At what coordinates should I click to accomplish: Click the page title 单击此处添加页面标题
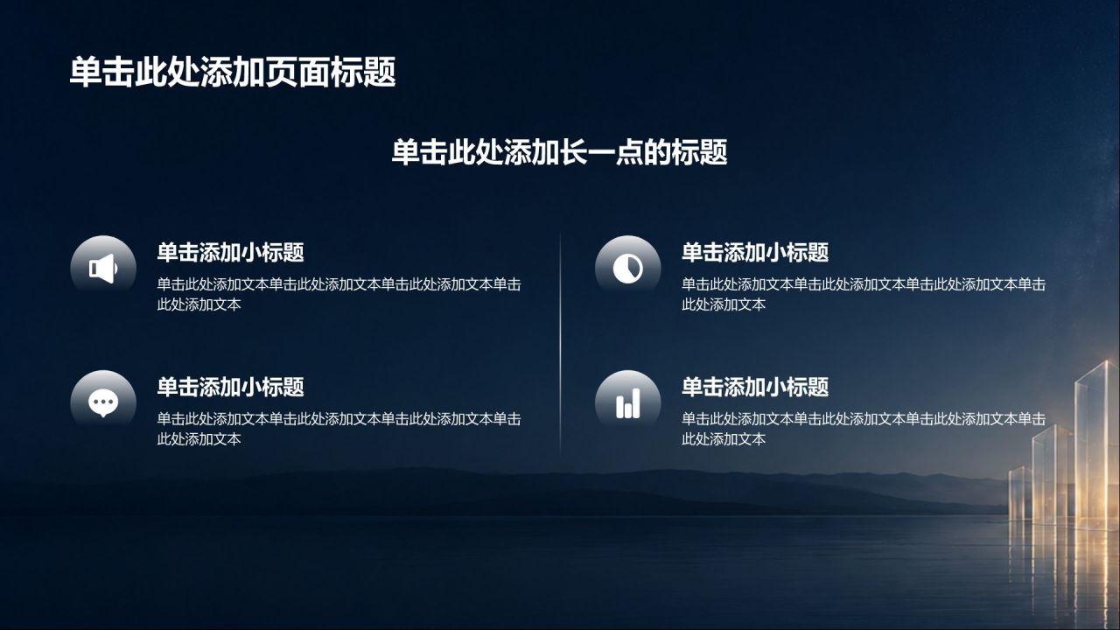[x=233, y=73]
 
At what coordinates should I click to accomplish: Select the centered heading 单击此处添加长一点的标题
[x=559, y=152]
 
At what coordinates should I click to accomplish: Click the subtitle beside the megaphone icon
[x=230, y=253]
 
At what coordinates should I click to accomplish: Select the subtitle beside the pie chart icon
[x=755, y=253]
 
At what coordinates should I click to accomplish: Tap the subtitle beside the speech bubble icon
[x=230, y=387]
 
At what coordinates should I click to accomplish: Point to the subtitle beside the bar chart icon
[x=755, y=387]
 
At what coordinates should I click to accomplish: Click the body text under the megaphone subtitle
[x=339, y=294]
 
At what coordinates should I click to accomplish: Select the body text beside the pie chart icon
[x=864, y=294]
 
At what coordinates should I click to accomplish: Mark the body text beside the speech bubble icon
[x=339, y=429]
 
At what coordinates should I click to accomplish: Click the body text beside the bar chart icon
[x=864, y=429]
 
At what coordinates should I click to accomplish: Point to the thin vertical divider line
[x=560, y=343]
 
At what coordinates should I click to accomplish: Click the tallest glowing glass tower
[x=1096, y=445]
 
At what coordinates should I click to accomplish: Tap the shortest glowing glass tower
[x=1020, y=496]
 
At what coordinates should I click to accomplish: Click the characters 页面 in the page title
[x=297, y=73]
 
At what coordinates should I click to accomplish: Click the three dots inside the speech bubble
[x=103, y=402]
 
